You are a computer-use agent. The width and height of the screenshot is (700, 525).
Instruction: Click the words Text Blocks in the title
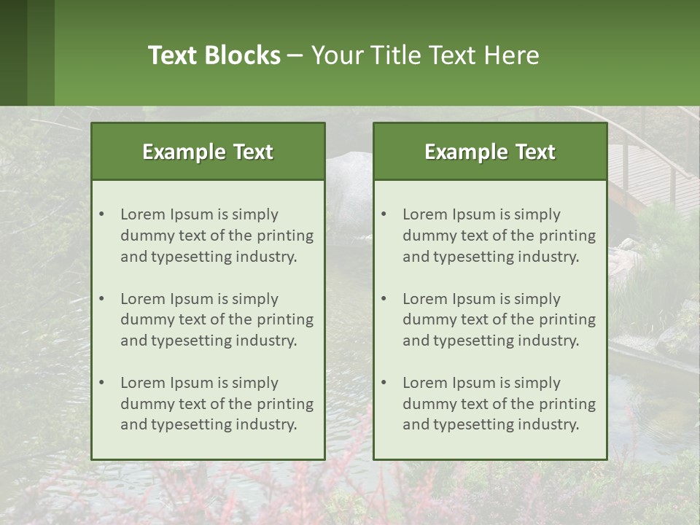click(214, 55)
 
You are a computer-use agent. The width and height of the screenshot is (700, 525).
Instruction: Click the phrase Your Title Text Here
click(425, 55)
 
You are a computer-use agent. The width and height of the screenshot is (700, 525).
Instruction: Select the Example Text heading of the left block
click(208, 152)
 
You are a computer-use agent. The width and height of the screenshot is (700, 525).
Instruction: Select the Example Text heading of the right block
click(490, 152)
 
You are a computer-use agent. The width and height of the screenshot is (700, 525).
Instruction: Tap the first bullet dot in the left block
click(102, 214)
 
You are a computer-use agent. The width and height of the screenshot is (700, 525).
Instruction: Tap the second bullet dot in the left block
click(102, 299)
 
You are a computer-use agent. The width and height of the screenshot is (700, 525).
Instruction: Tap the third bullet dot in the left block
click(102, 383)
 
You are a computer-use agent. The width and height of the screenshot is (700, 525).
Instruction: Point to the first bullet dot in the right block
click(384, 214)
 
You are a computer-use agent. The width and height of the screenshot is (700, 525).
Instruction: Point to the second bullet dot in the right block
click(384, 299)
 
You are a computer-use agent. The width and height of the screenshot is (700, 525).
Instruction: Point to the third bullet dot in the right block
click(384, 383)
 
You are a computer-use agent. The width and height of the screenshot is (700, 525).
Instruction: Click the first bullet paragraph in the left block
click(217, 236)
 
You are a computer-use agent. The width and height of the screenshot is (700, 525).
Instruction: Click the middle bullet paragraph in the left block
click(217, 319)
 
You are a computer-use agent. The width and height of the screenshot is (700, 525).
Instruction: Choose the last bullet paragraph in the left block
click(217, 404)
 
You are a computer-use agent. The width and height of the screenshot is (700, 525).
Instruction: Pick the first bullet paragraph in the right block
click(499, 236)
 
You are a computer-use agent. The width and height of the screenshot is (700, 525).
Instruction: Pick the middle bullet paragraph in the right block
click(499, 319)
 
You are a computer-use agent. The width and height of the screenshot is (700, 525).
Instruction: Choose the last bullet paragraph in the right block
click(499, 404)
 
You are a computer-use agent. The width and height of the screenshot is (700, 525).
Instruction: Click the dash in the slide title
click(295, 56)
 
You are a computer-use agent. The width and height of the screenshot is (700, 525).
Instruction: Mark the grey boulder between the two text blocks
click(349, 175)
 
